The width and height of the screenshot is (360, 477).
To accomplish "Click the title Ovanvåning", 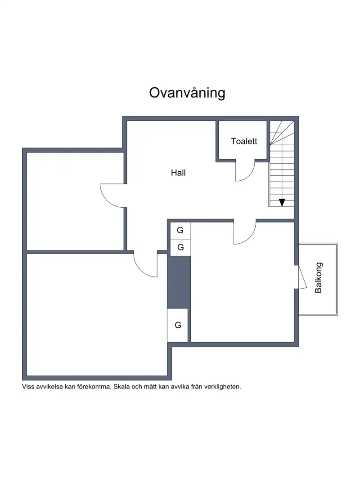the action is point(187,93).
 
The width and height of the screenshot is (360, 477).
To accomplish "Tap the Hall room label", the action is point(178,173).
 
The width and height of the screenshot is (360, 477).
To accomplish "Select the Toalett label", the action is point(244,141).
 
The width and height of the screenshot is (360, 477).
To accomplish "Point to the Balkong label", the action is point(318,278).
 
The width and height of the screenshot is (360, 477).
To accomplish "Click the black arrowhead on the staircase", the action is point(282,202).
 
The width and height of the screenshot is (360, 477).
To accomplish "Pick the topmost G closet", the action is point(180,230).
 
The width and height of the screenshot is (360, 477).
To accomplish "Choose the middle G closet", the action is point(180,247).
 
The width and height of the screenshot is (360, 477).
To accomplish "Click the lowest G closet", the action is point(178,325).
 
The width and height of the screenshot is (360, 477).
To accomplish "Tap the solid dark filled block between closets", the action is point(179,282).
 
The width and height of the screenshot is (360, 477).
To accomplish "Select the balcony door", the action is point(302,277).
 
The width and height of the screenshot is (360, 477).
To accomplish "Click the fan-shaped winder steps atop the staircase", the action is point(282,133).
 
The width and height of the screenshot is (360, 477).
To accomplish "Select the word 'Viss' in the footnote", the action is point(27,387).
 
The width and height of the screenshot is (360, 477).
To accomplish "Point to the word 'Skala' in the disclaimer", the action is point(121,387).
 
